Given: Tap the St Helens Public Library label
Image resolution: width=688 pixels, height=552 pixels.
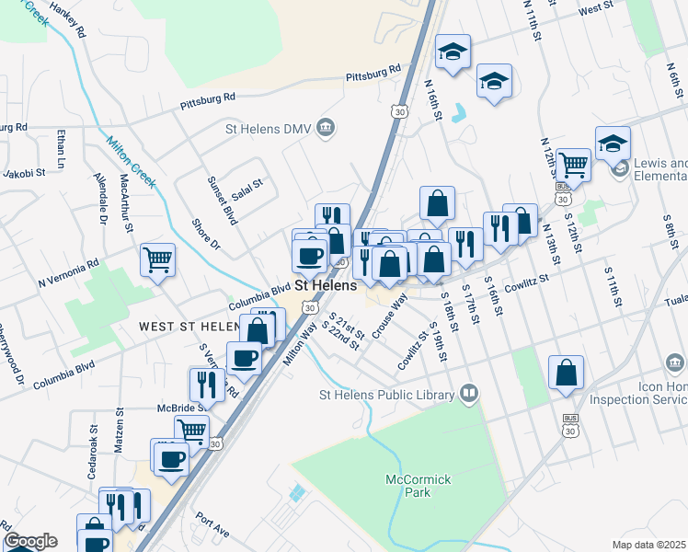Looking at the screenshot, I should (386, 395).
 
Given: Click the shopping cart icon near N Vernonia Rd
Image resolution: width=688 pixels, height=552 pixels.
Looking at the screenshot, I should (157, 259).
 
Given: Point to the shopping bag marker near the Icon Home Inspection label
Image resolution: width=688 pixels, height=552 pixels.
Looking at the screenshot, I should (566, 373).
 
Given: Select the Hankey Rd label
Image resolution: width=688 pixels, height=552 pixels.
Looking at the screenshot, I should (69, 18).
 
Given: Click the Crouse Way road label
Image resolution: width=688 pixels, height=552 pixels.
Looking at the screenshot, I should (390, 316).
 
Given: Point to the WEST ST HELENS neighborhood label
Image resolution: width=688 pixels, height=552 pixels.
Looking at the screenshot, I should (189, 327).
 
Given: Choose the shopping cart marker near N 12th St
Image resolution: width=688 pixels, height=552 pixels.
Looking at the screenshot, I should (573, 166).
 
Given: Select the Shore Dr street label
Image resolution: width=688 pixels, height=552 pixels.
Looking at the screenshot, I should (206, 233).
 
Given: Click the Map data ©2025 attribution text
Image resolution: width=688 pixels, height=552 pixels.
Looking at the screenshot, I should (649, 545).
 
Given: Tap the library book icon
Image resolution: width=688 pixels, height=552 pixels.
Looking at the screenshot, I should (469, 395).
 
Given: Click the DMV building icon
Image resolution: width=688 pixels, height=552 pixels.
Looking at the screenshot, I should (324, 128).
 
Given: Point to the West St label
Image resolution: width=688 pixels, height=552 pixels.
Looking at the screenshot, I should (596, 7).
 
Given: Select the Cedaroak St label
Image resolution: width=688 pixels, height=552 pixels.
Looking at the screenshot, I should (94, 446).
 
